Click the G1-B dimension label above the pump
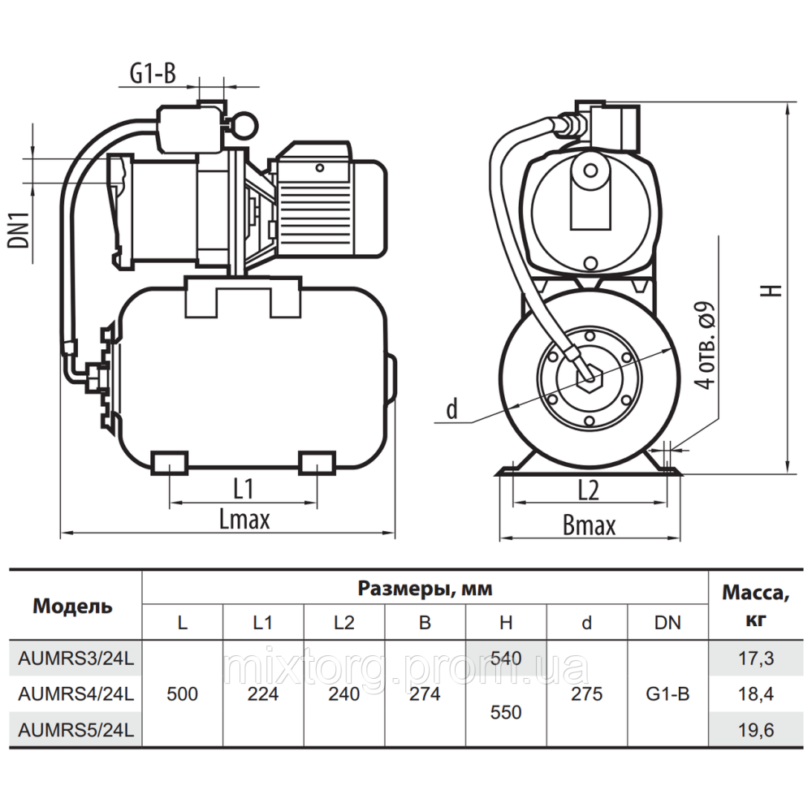(x=153, y=74)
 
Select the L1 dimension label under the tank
(x=244, y=489)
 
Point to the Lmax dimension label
(x=244, y=520)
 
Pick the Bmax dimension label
(x=589, y=525)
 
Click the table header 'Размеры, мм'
(x=425, y=588)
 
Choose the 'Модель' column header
(x=72, y=606)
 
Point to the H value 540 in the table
(x=506, y=659)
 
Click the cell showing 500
(x=182, y=694)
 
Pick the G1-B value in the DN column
(x=667, y=694)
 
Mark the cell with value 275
(x=587, y=694)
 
